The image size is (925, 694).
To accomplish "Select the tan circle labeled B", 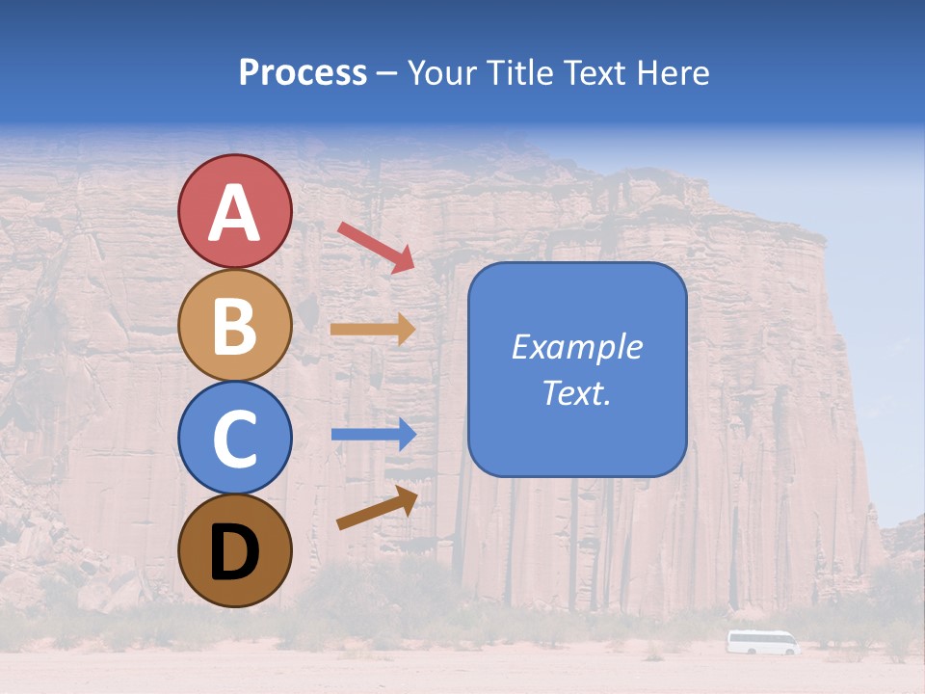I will [x=234, y=325].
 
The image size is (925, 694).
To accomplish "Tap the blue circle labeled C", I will [x=234, y=438].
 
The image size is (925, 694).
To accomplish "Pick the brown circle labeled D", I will [x=234, y=550].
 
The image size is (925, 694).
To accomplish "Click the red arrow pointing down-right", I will [x=377, y=247].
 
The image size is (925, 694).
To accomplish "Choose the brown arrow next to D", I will [x=377, y=508].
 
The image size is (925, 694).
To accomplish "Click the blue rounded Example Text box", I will [x=577, y=370].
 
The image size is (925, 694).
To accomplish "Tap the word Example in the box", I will [x=577, y=347].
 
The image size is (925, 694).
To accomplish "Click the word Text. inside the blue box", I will [x=577, y=392].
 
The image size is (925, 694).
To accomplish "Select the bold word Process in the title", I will [x=303, y=73].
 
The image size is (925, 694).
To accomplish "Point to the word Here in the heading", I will [x=674, y=73].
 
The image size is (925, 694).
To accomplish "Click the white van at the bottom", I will [x=762, y=642].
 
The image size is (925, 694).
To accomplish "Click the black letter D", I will [x=234, y=552].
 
